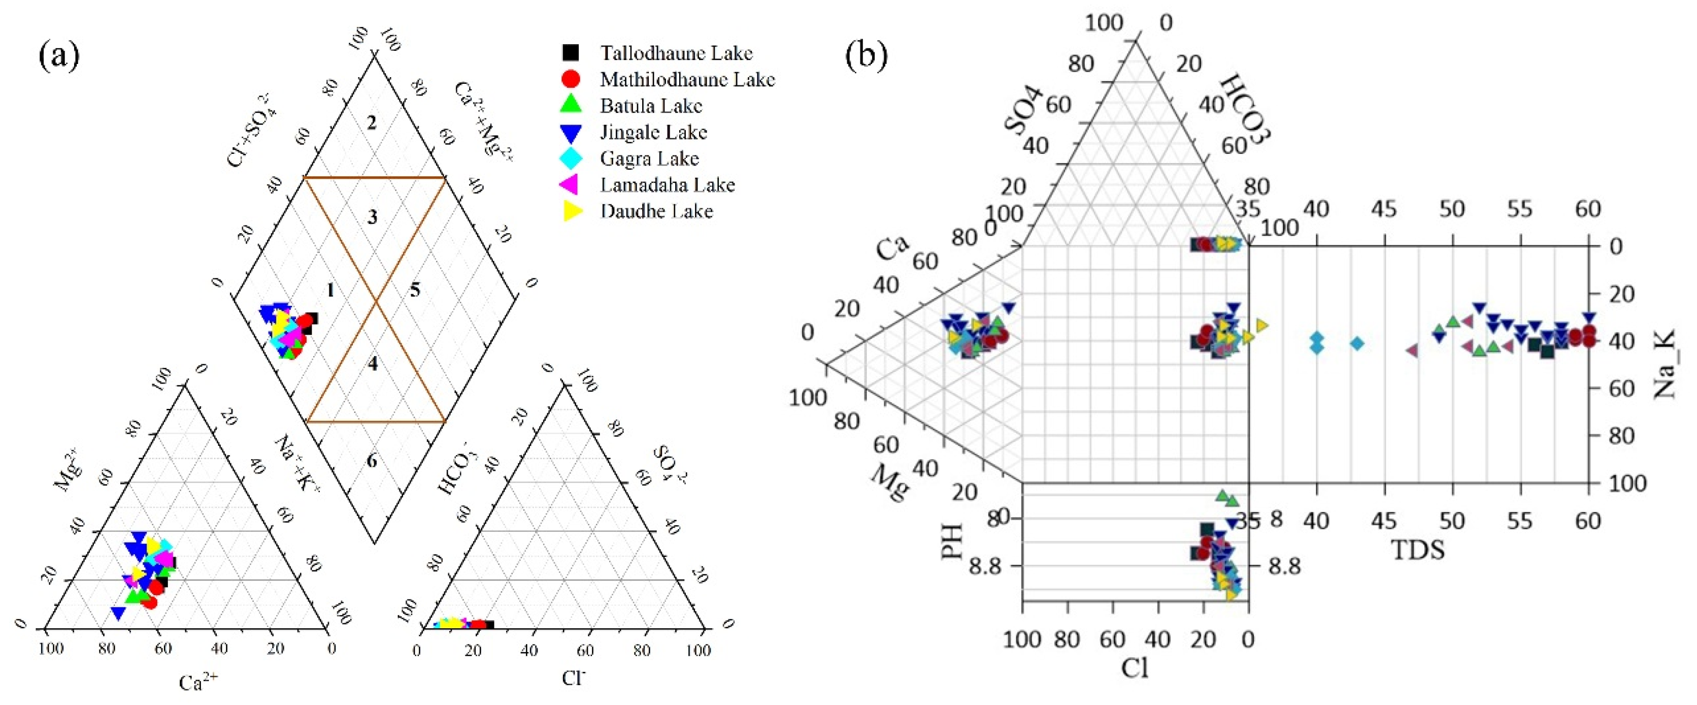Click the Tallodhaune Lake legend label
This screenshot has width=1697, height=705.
(676, 53)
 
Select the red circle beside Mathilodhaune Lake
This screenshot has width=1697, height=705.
(571, 79)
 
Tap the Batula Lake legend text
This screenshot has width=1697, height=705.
(651, 106)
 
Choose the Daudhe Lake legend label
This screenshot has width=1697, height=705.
(656, 211)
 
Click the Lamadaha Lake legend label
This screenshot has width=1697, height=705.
(668, 184)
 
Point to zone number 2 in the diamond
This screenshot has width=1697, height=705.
(372, 122)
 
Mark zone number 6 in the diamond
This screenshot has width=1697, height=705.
(372, 461)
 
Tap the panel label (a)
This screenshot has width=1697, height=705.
(59, 55)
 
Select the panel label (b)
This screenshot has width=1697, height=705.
(867, 55)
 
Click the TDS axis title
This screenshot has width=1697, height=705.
(1418, 550)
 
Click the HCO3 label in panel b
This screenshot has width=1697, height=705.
(1245, 109)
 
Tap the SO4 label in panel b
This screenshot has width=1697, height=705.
(1024, 109)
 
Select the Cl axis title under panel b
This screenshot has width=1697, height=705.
(1135, 668)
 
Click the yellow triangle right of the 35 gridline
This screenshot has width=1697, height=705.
(1261, 325)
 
